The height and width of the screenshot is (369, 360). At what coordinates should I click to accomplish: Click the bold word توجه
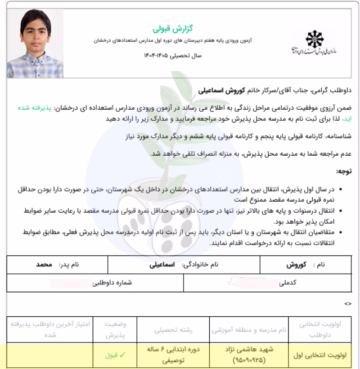[345, 171]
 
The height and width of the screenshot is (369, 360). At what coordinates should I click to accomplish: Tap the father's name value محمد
[45, 265]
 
